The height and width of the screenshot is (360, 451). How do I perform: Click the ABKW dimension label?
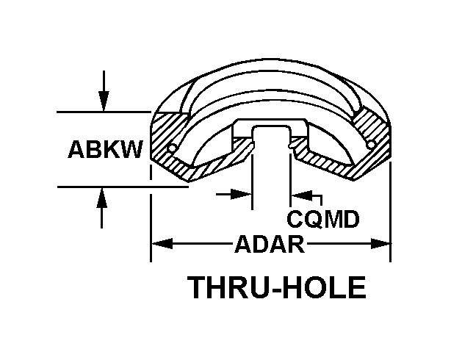point(105,149)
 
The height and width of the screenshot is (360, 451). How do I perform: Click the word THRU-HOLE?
point(277,287)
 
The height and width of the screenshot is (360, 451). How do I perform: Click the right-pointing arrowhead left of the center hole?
point(242,194)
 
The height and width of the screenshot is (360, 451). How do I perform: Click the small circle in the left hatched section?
point(171,149)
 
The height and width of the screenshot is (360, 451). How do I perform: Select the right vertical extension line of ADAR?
point(389,213)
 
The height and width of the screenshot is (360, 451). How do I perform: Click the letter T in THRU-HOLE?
point(198,287)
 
